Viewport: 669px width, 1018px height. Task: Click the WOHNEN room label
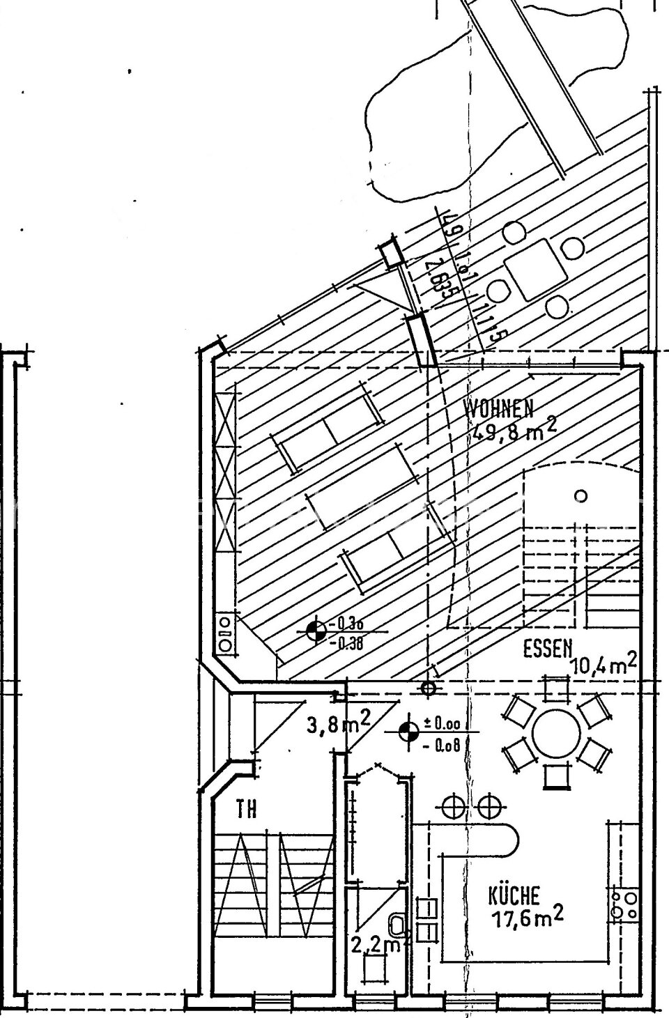pos(499,408)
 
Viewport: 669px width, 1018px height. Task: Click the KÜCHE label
pos(514,894)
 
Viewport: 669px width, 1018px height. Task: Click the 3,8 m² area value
pos(338,725)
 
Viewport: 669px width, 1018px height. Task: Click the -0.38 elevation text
pos(349,644)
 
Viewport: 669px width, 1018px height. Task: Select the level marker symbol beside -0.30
pos(316,631)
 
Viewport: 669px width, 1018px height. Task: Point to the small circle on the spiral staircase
pos(580,496)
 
